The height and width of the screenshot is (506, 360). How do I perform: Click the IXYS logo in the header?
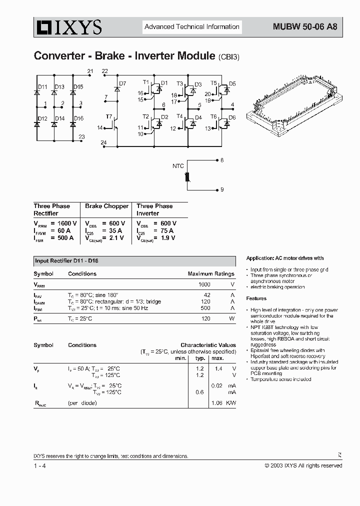click(x=67, y=27)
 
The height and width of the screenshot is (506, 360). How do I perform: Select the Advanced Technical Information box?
click(x=192, y=27)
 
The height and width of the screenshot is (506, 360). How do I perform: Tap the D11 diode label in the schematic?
click(x=42, y=87)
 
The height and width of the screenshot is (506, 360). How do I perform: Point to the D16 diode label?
click(x=78, y=118)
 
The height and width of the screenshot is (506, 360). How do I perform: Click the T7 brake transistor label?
click(x=108, y=116)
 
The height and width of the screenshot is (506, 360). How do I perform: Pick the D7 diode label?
click(x=123, y=83)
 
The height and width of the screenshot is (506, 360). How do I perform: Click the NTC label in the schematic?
click(x=178, y=166)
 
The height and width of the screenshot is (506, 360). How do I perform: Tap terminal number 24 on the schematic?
click(x=103, y=143)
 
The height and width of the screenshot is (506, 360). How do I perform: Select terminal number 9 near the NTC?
click(x=222, y=190)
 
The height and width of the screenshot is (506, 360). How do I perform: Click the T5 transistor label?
click(x=213, y=82)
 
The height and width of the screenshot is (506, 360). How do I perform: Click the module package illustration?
click(x=294, y=107)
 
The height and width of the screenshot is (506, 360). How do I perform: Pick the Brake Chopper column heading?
click(x=106, y=206)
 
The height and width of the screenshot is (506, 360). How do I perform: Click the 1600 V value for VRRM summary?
click(x=67, y=223)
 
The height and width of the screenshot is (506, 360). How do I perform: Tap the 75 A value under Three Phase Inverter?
click(x=167, y=230)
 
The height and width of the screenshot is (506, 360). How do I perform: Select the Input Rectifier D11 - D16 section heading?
click(x=66, y=261)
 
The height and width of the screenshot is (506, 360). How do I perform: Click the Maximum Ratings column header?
click(x=210, y=274)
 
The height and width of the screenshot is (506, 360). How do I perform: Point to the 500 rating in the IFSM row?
click(x=205, y=308)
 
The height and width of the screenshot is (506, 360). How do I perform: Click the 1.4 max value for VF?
click(x=217, y=368)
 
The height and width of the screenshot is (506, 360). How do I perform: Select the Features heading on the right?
click(x=256, y=298)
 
